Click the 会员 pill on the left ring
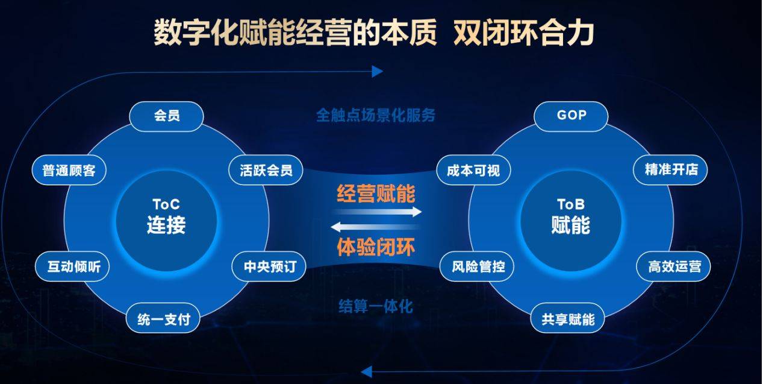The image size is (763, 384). tap(167, 116)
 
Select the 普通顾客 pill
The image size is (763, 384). tap(69, 170)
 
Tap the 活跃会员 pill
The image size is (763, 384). tap(266, 170)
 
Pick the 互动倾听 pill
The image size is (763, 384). tap(72, 266)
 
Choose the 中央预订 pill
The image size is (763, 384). tap(269, 266)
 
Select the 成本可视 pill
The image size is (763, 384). tap(473, 170)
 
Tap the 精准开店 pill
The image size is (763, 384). tap(670, 170)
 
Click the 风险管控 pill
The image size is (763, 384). tap(477, 266)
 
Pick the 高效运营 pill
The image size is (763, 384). tap(674, 266)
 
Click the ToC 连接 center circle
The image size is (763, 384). tap(166, 221)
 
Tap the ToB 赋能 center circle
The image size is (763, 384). tap(571, 221)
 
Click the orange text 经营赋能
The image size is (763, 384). tap(376, 194)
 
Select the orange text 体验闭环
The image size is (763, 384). tap(376, 247)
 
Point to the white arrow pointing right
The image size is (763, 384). tap(377, 212)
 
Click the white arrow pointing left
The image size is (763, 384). tap(375, 227)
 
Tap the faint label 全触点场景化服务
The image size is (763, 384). tap(376, 115)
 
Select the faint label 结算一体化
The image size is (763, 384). tap(376, 306)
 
